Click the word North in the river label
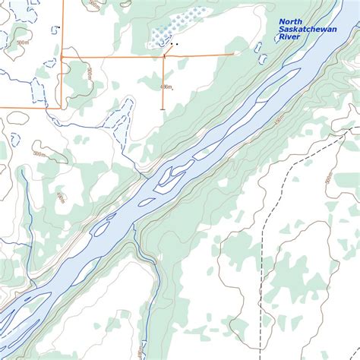(291, 22)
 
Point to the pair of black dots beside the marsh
(175, 44)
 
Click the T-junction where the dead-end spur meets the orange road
(163, 55)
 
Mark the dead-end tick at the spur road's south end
(163, 109)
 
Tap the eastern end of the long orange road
(232, 54)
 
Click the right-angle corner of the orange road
(62, 107)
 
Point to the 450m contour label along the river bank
(279, 119)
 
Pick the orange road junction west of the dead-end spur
(62, 56)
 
